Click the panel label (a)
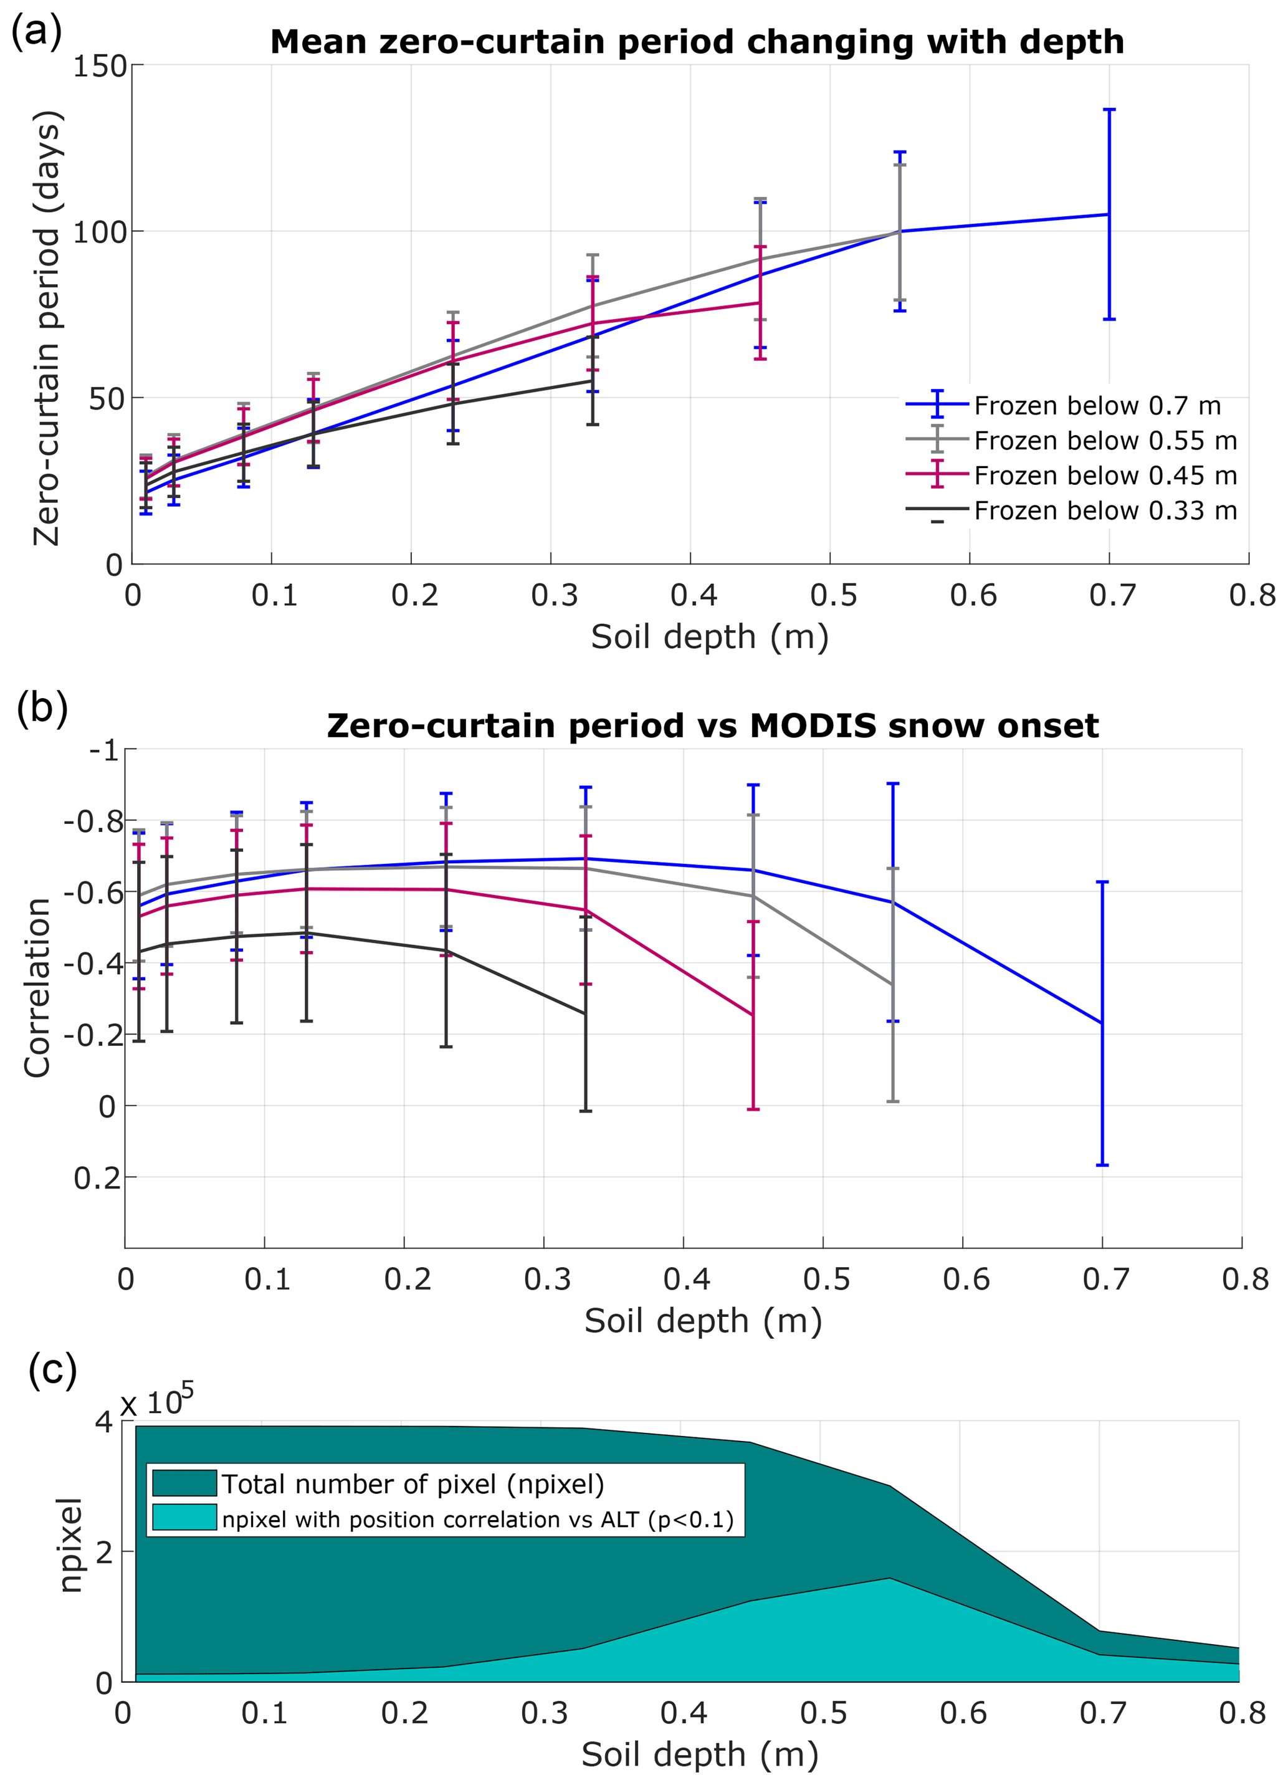[36, 33]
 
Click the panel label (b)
[42, 707]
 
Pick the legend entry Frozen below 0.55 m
[1105, 441]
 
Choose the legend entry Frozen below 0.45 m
[1105, 476]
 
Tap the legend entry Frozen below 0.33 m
[1105, 511]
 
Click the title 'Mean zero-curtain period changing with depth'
[697, 42]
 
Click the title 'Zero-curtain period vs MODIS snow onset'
[712, 725]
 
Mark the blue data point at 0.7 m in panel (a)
[1109, 214]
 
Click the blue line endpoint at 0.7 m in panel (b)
[1102, 1023]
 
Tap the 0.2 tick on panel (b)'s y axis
[98, 1178]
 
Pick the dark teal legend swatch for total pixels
[184, 1483]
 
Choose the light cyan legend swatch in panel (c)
[184, 1518]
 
